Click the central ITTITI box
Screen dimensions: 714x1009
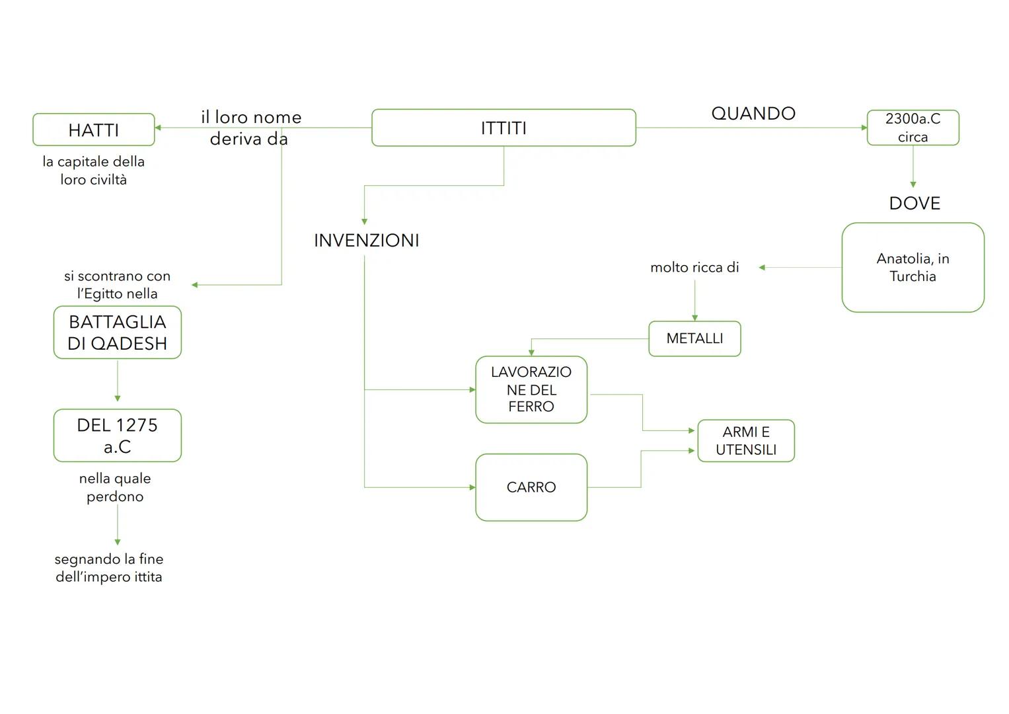[504, 128]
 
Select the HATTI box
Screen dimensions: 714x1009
[93, 130]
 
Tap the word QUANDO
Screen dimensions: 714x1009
[753, 114]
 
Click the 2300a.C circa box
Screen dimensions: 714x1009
[913, 128]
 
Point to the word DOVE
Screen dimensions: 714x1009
[915, 204]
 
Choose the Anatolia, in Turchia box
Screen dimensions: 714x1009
[913, 267]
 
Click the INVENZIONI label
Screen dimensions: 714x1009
[366, 241]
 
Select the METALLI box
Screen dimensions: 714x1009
[694, 338]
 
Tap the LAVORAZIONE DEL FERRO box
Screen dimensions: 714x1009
[531, 389]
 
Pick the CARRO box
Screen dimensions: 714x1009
[531, 487]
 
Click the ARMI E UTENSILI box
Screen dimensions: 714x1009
[746, 440]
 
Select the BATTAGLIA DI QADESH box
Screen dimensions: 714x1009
[117, 333]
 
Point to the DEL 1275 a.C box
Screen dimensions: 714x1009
[117, 436]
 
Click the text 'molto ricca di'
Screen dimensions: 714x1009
[694, 268]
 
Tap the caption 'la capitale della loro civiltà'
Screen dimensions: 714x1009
[93, 171]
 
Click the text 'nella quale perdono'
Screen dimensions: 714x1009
[115, 487]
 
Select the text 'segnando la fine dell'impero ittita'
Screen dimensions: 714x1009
[109, 568]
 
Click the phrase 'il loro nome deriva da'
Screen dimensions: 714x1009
[250, 128]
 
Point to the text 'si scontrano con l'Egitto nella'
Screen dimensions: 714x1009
[117, 285]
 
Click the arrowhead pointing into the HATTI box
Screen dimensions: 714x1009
[159, 128]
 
